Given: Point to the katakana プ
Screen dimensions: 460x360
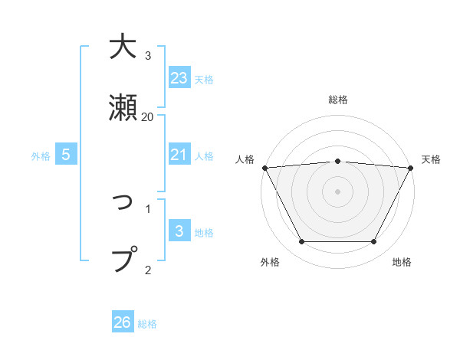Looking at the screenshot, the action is (125, 259).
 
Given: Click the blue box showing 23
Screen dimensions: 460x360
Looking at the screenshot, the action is (179, 78).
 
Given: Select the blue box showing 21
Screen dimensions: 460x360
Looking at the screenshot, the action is (179, 155).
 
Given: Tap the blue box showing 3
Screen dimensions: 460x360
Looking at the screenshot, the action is (179, 231).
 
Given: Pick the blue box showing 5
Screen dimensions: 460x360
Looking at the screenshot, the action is (66, 155).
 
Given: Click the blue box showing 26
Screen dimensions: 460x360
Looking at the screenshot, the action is (123, 322).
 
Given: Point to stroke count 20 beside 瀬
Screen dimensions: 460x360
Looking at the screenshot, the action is (148, 116).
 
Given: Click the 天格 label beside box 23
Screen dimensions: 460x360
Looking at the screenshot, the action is (204, 79).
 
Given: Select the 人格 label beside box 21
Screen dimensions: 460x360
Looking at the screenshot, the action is (204, 155).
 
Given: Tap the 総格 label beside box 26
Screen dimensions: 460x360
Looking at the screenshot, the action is (147, 323).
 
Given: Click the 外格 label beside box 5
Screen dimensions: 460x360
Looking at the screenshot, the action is (41, 155).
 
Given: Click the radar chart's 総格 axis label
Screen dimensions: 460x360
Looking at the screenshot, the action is (338, 100).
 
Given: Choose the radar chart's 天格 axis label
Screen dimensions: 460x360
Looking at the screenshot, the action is (432, 159).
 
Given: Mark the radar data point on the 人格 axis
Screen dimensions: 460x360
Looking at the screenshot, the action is (264, 167).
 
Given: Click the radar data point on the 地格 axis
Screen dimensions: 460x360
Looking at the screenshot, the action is (374, 242).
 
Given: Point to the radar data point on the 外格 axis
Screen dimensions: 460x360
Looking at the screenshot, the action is (301, 242).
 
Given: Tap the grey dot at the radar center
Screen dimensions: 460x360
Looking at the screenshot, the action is (338, 191).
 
